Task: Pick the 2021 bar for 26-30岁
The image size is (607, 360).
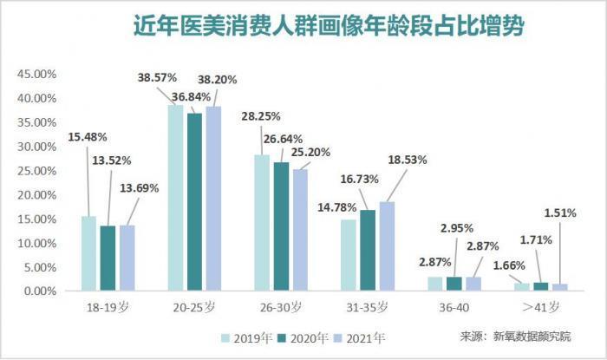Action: point(300,230)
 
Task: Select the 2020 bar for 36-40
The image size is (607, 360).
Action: point(454,284)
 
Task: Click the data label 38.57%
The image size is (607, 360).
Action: point(156,78)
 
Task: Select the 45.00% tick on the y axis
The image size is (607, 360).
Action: point(35,74)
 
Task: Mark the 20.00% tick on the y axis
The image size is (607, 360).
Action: point(35,195)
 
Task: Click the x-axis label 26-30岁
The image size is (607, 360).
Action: point(281,306)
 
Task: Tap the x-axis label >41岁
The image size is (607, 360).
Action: point(543,306)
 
